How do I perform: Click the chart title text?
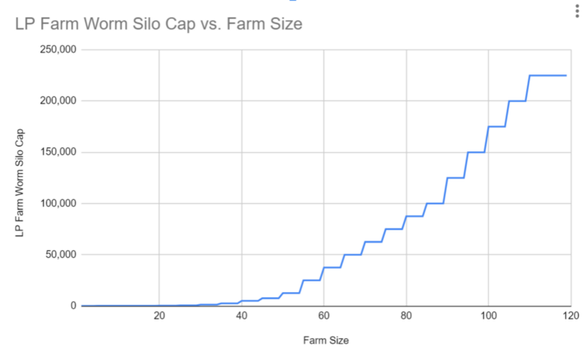click(x=158, y=24)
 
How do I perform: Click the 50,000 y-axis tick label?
click(x=60, y=255)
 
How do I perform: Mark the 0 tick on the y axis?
click(x=73, y=306)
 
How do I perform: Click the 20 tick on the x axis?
click(x=159, y=316)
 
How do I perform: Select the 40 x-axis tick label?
click(x=242, y=316)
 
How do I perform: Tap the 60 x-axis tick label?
click(x=323, y=316)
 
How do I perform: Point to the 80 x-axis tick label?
click(x=406, y=316)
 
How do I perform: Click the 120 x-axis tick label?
click(x=569, y=316)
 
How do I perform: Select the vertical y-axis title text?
click(x=19, y=178)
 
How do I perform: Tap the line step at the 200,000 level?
click(x=518, y=101)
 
